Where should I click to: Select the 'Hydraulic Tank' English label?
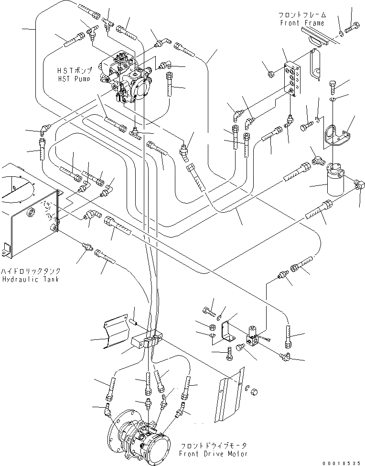[30, 279]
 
